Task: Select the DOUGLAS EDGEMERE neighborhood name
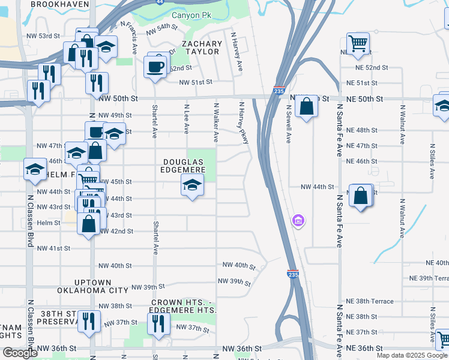[184, 166]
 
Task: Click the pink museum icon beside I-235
[298, 221]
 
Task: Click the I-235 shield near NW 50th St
[279, 91]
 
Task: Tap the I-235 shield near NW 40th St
[292, 273]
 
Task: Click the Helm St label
[49, 223]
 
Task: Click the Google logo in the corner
[20, 353]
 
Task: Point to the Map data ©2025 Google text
[411, 355]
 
